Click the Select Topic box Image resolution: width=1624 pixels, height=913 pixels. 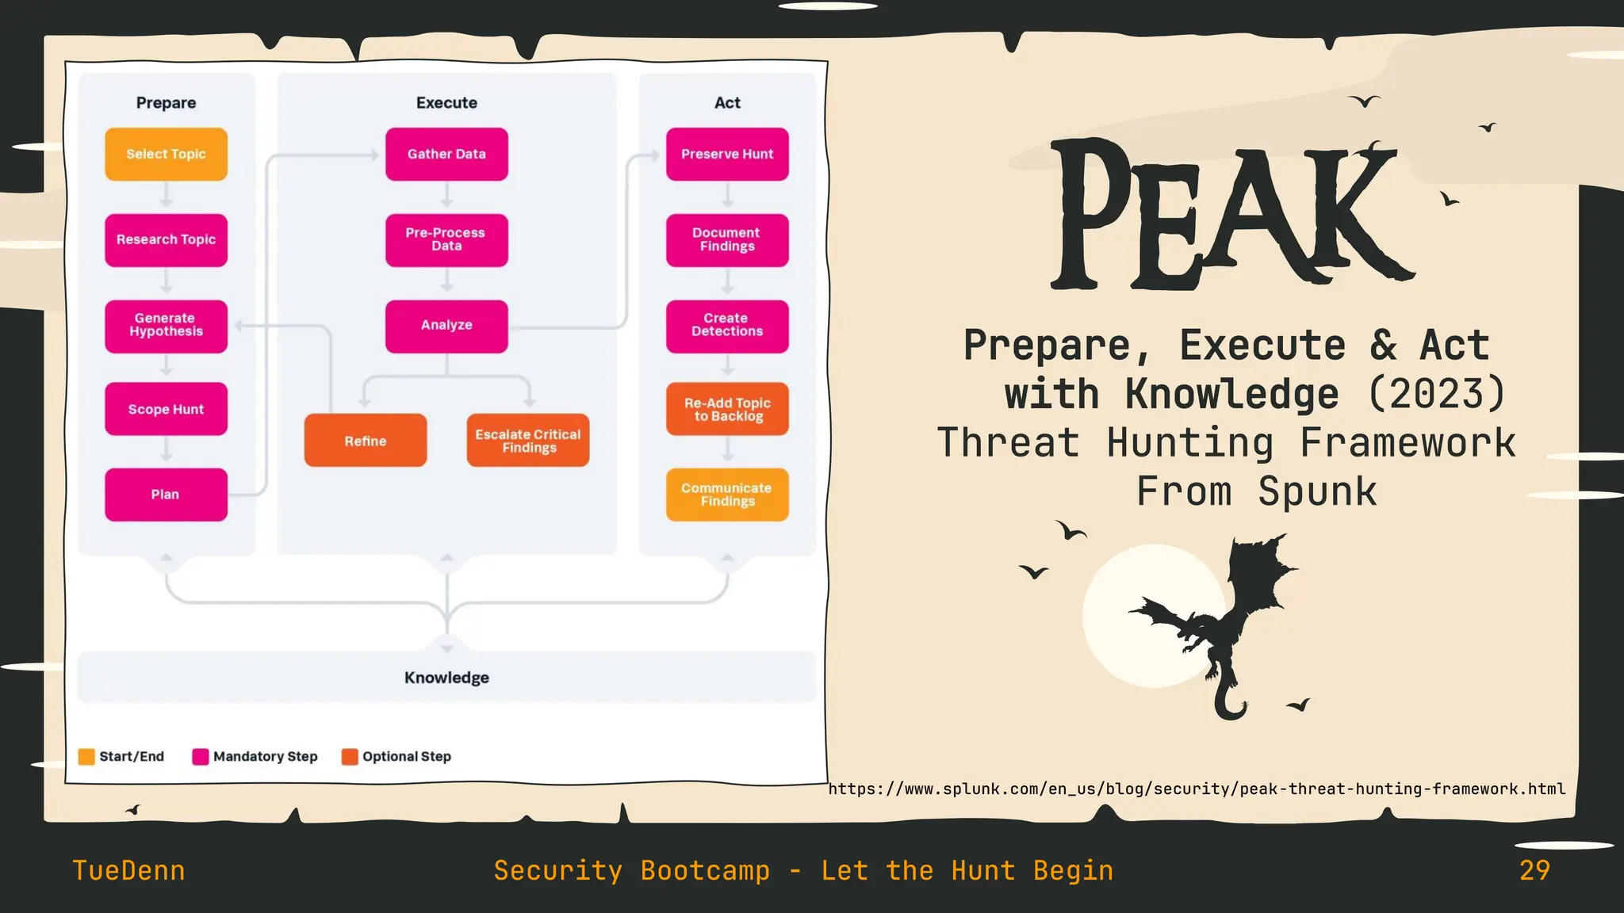click(x=166, y=154)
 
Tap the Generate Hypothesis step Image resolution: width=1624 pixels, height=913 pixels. click(x=166, y=325)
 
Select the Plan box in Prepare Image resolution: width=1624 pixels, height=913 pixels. click(x=166, y=495)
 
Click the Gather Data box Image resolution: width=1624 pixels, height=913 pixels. click(x=446, y=154)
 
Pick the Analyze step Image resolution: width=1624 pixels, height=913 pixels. click(x=446, y=325)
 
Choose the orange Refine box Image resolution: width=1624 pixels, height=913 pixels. click(x=366, y=441)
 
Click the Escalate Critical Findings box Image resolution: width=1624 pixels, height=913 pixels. click(x=528, y=441)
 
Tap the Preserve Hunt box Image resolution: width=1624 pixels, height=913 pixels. click(x=727, y=154)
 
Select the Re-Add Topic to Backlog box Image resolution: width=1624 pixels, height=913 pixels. click(x=727, y=409)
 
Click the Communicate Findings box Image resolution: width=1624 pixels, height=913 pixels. click(x=727, y=495)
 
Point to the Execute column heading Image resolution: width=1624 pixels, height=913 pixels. click(x=446, y=103)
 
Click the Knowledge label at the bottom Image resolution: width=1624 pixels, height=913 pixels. click(x=446, y=678)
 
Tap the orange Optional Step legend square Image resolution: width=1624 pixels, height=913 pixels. click(x=350, y=757)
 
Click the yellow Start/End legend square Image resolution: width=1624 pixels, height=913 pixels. click(x=86, y=757)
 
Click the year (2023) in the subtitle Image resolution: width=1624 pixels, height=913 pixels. click(x=1437, y=394)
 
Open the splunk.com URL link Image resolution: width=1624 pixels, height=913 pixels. click(x=1197, y=789)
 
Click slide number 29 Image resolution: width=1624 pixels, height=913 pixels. click(x=1534, y=870)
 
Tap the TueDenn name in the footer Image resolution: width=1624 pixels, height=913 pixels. click(x=128, y=870)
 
